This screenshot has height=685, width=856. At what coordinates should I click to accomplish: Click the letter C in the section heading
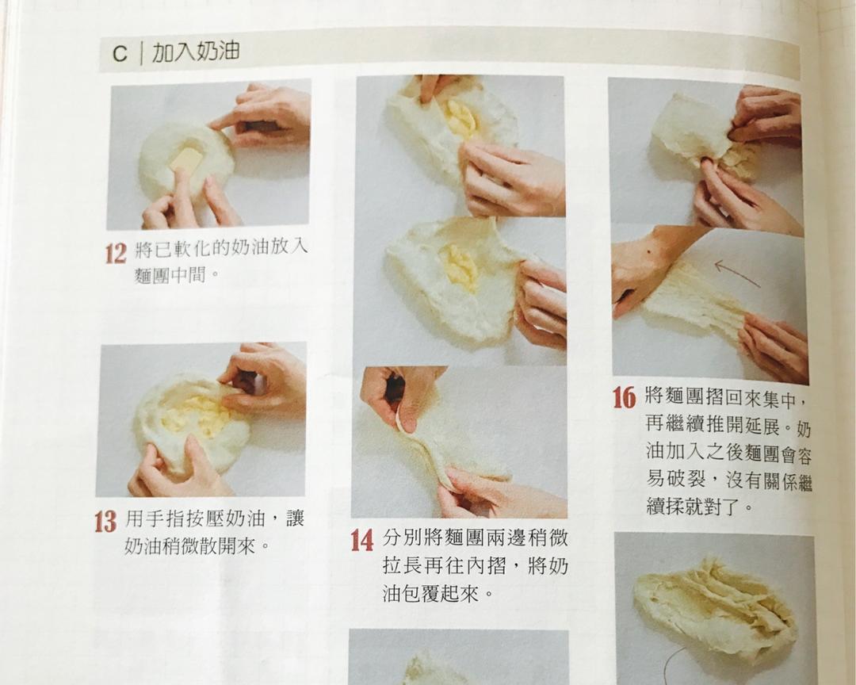120,53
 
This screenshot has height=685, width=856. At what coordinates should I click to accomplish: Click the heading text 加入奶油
195,52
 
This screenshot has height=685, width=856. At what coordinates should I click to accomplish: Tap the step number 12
116,254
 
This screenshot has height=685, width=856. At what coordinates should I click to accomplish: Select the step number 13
105,522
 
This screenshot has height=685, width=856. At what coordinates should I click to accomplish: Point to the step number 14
361,540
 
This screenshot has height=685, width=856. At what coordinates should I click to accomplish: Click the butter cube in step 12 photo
186,159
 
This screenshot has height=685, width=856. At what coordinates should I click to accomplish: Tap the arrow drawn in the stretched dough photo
736,274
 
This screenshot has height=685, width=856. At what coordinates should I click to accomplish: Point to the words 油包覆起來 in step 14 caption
432,594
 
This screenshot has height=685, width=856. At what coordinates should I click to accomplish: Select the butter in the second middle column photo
460,267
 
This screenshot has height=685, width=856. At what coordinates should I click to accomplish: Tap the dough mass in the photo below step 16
713,607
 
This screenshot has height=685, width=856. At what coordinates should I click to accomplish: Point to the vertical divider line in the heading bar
140,53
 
